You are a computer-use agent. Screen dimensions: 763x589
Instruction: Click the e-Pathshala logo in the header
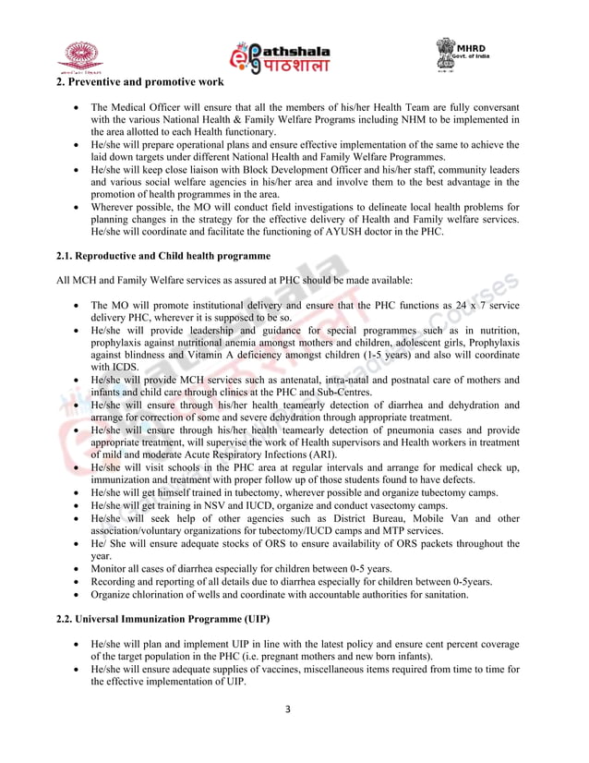(x=279, y=56)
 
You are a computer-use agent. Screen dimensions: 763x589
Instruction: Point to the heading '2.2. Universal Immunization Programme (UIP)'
(x=157, y=616)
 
